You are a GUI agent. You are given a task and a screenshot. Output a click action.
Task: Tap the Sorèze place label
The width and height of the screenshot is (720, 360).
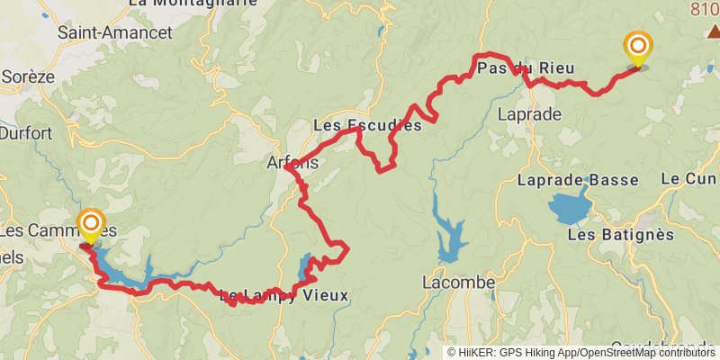[x=28, y=77]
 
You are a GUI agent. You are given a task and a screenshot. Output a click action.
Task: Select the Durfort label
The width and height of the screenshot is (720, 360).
[x=26, y=133]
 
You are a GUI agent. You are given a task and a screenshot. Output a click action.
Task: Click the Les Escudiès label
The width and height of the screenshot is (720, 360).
[x=367, y=126]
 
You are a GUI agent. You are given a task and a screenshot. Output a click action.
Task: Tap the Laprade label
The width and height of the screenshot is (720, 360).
[x=529, y=114]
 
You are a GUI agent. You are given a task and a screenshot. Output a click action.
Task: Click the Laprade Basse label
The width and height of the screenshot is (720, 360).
[x=578, y=180]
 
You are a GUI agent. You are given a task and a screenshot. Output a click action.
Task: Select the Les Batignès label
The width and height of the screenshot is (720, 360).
[x=621, y=235]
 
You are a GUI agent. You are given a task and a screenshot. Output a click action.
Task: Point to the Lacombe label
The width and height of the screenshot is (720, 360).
[x=459, y=283]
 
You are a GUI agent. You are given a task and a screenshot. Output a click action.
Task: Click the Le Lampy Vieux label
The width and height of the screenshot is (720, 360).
[x=283, y=295]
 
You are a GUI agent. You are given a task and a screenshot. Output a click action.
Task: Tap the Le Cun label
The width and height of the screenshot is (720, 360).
[x=689, y=180]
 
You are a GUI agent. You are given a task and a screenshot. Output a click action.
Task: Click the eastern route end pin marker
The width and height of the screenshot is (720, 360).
[x=638, y=48]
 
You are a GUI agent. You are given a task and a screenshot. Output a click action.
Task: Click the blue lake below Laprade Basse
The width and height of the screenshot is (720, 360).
[x=569, y=208]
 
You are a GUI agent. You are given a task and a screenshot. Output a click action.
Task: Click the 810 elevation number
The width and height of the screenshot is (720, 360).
[x=706, y=10]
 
